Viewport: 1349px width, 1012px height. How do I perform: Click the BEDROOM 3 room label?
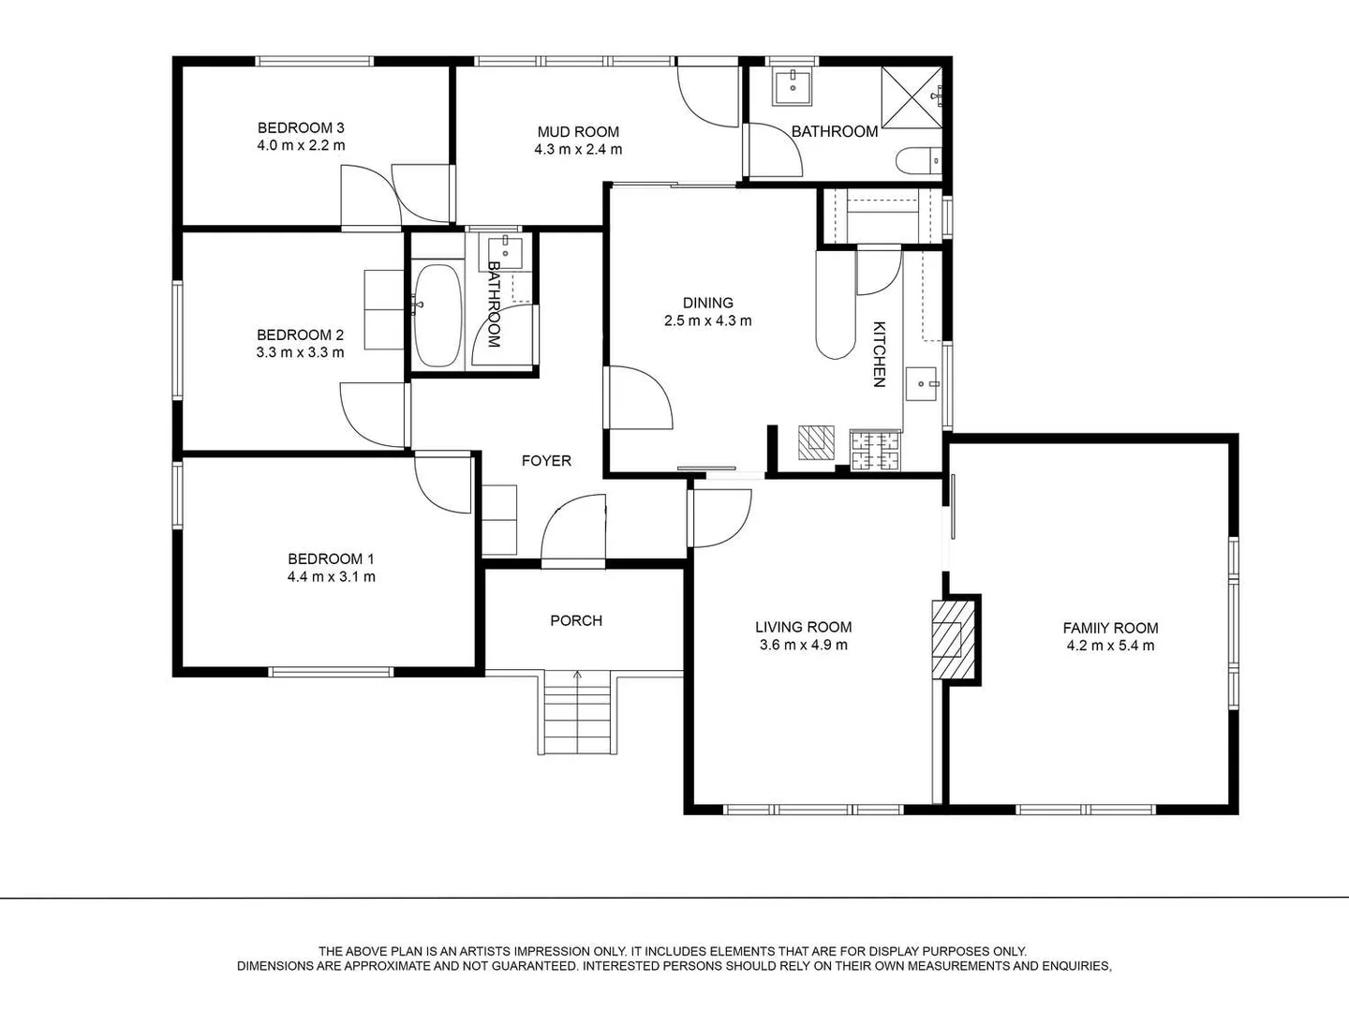click(301, 127)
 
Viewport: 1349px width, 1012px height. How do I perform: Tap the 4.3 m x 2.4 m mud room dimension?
click(578, 149)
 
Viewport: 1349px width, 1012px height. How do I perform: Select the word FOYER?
click(546, 461)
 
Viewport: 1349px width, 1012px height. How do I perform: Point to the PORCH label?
click(576, 620)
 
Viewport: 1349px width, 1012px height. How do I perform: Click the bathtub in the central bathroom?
click(437, 315)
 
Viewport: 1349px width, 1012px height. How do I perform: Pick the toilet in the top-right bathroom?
click(918, 161)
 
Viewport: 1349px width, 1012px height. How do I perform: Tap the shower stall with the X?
click(912, 97)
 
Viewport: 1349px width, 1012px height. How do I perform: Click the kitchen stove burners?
click(875, 452)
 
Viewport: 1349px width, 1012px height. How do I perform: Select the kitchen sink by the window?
click(921, 384)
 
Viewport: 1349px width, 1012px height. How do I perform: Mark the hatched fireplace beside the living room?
click(954, 639)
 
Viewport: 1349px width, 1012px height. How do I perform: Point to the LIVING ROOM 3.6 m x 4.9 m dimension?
click(803, 646)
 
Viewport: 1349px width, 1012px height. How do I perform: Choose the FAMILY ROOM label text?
click(1110, 628)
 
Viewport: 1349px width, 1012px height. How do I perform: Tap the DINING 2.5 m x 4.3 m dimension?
click(708, 320)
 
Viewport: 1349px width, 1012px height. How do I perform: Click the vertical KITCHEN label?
click(880, 354)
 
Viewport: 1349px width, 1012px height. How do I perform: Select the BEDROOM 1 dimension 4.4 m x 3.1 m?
click(332, 577)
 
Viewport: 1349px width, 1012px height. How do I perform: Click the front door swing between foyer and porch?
click(573, 530)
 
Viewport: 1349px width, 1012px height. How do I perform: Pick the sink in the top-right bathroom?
click(793, 87)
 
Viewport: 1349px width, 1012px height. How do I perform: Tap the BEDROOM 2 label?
click(300, 335)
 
